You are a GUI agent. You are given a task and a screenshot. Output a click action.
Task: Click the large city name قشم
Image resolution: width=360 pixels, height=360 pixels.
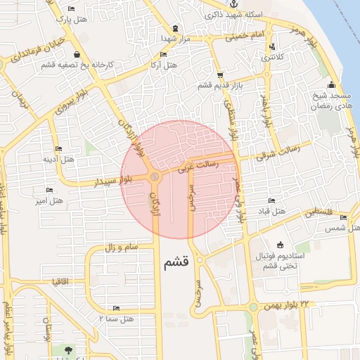pyautogui.click(x=176, y=264)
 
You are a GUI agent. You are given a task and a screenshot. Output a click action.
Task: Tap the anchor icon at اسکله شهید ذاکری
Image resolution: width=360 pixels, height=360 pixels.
pyautogui.click(x=234, y=4)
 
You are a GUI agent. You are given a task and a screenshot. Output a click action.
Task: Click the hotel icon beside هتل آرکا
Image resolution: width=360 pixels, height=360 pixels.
pyautogui.click(x=164, y=54)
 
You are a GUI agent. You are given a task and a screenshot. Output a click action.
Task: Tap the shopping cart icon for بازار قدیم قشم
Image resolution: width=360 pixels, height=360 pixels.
pyautogui.click(x=220, y=74)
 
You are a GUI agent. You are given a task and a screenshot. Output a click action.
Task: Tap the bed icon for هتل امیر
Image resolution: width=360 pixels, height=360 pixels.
pyautogui.click(x=49, y=190)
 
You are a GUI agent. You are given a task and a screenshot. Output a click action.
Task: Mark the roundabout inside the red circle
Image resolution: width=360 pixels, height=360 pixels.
pyautogui.click(x=154, y=176)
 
